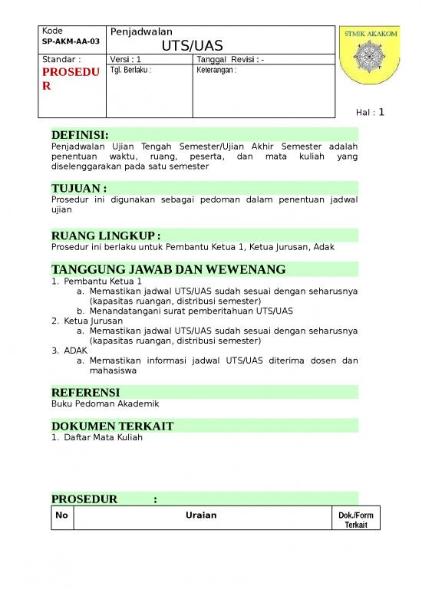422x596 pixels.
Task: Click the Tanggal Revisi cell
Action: coord(231,60)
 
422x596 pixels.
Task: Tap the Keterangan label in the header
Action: coord(216,70)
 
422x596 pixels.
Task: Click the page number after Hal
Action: coord(381,112)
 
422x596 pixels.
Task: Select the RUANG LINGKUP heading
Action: coord(106,235)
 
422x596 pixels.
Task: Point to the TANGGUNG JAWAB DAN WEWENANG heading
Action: coord(168,269)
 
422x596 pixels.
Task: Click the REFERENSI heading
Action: coord(85,393)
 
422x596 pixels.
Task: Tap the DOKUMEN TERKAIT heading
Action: coord(112,426)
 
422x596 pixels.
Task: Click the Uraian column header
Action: coord(201,515)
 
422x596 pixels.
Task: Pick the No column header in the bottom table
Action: coord(61,515)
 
